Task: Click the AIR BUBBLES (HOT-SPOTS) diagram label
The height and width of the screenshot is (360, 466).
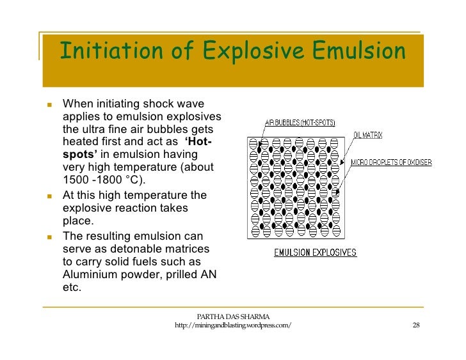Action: point(300,123)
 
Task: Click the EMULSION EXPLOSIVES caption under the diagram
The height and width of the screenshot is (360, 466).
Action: point(315,253)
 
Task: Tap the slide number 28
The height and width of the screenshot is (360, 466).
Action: point(415,325)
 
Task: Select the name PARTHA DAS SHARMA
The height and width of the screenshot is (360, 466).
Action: point(233,317)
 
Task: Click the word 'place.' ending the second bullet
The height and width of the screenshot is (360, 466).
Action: point(78,221)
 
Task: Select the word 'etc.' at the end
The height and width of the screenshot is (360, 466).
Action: point(72,288)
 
